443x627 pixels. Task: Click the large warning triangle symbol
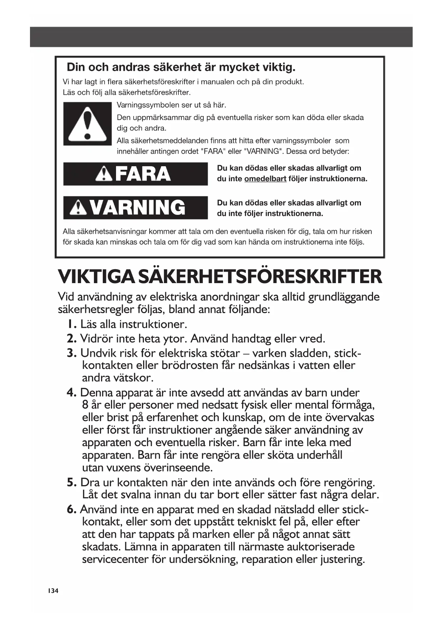87,124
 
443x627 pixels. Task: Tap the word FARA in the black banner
143,174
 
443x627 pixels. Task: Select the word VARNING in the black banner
137,208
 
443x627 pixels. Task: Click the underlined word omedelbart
265,179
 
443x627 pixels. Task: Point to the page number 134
53,591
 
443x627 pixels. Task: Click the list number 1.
72,324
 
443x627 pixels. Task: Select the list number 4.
71,393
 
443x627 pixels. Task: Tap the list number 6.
71,509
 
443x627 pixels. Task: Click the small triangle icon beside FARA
104,174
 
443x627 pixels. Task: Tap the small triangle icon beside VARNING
78,208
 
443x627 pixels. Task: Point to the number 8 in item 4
85,405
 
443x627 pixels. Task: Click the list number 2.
71,338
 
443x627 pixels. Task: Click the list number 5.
71,483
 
